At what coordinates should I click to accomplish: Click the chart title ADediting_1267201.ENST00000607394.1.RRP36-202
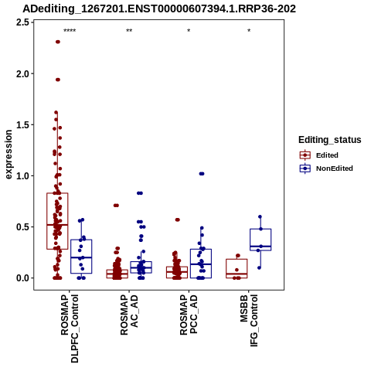tap(159, 9)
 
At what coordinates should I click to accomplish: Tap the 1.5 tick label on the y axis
tap(22, 124)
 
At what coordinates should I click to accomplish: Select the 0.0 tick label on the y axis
tap(22, 278)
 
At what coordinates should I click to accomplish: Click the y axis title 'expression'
tap(9, 155)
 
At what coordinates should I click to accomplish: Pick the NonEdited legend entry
tap(326, 168)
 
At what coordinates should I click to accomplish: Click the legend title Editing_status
tap(330, 140)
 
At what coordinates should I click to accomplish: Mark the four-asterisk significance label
tap(70, 31)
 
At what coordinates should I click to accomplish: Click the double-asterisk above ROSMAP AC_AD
tap(129, 31)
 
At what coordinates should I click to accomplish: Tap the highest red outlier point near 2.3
tap(58, 42)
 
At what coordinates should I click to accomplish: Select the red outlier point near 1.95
tap(58, 80)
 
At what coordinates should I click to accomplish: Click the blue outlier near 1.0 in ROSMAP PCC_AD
tap(202, 174)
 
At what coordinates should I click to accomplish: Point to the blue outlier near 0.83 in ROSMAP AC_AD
tap(140, 193)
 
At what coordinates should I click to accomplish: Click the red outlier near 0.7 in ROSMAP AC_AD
tap(116, 206)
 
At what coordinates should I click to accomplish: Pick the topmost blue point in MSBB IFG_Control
tap(260, 216)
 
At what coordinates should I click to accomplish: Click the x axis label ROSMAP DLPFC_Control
tap(70, 328)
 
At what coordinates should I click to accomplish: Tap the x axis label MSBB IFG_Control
tap(249, 321)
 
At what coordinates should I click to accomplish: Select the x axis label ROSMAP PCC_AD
tap(189, 315)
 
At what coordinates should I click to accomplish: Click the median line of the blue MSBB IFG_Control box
tap(260, 247)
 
